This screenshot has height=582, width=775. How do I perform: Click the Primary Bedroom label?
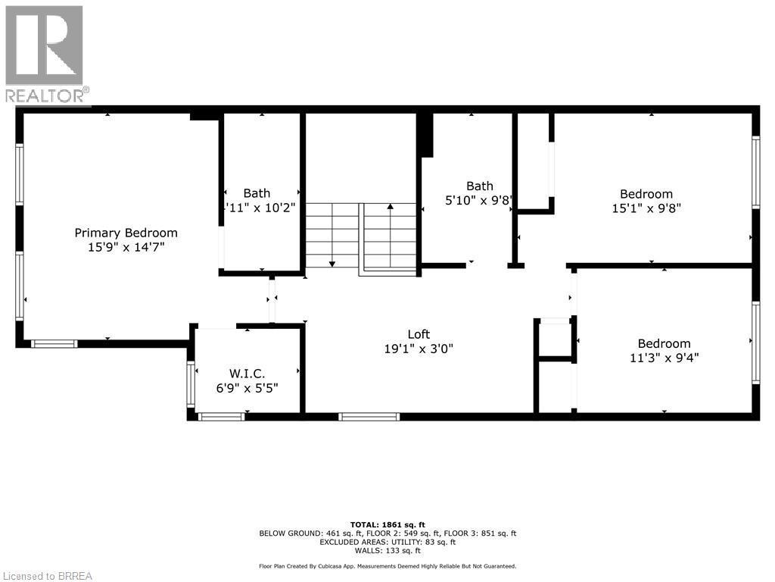click(126, 233)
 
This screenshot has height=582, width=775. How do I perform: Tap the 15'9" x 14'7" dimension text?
click(126, 247)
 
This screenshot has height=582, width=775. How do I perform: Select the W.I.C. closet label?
click(246, 373)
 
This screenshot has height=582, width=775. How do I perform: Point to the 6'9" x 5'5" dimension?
click(246, 387)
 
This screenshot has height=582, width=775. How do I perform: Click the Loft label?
click(419, 334)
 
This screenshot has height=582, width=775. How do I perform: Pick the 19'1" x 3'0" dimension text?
click(419, 349)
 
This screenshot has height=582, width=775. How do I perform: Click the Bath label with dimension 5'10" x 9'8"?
click(479, 186)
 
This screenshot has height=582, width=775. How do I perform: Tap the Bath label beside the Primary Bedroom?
click(257, 193)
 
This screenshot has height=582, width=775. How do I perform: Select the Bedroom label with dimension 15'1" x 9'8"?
click(646, 194)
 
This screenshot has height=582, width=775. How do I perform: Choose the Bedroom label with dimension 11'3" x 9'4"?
click(664, 343)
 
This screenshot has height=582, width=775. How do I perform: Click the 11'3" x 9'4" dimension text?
click(664, 358)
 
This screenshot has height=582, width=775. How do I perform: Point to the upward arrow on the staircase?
click(391, 206)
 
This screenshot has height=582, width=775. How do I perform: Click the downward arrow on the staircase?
click(332, 263)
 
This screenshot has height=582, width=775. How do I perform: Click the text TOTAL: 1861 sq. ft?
click(387, 524)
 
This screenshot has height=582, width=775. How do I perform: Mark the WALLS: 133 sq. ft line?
click(387, 551)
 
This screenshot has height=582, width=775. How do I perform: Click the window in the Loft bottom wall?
click(369, 416)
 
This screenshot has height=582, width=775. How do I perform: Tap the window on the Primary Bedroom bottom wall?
click(54, 344)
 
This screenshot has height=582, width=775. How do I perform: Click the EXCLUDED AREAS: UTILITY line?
click(387, 542)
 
